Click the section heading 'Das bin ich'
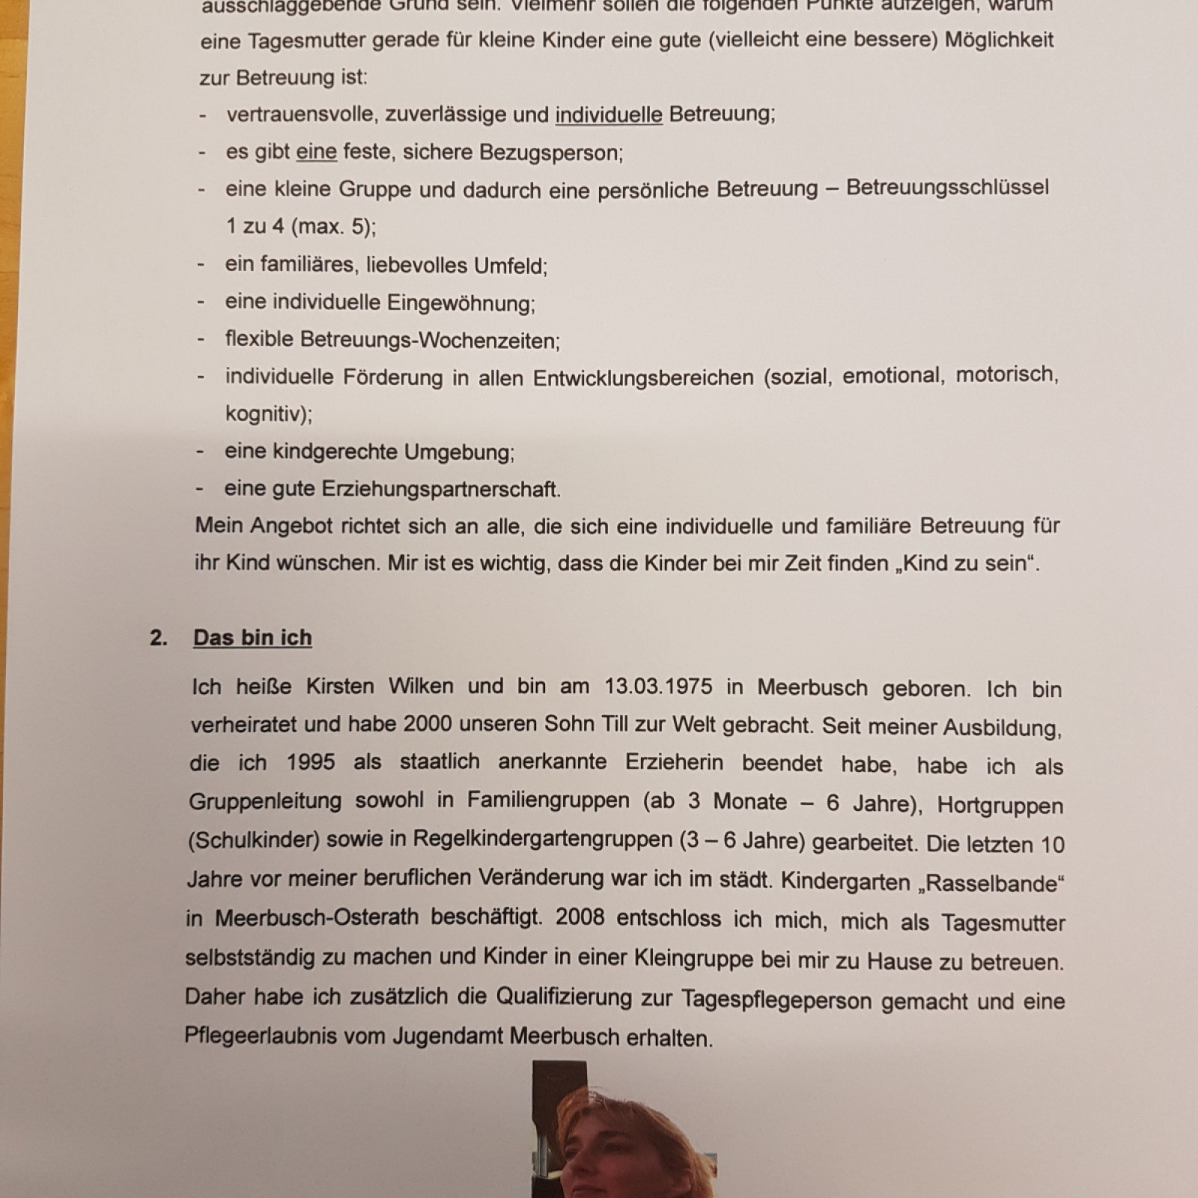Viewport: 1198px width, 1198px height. pyautogui.click(x=252, y=637)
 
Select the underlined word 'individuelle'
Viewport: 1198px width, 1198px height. pyautogui.click(x=608, y=115)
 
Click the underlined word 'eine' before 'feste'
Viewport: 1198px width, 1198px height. pyautogui.click(x=316, y=152)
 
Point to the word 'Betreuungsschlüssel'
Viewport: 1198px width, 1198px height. pyautogui.click(x=947, y=187)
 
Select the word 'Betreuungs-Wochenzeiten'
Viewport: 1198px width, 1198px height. pyautogui.click(x=430, y=341)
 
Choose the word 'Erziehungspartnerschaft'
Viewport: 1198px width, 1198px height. pyautogui.click(x=440, y=489)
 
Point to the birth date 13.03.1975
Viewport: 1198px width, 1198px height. pyautogui.click(x=658, y=686)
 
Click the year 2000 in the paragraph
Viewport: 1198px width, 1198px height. pyautogui.click(x=428, y=724)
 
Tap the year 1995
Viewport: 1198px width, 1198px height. pyautogui.click(x=311, y=762)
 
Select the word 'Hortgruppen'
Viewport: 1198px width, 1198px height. pyautogui.click(x=1000, y=806)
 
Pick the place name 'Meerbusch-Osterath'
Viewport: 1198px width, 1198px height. pyautogui.click(x=317, y=917)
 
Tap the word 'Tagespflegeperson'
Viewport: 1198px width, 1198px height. pyautogui.click(x=776, y=1000)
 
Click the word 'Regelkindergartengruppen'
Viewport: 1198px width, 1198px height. pyautogui.click(x=542, y=840)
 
